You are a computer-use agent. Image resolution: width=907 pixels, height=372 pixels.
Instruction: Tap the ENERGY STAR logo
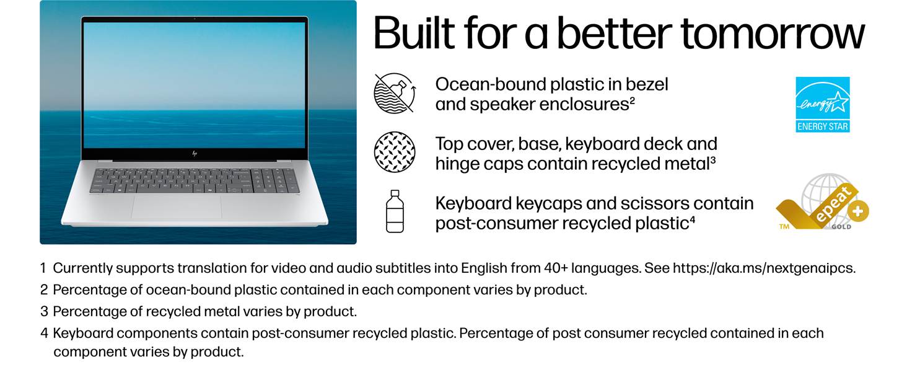[x=822, y=104]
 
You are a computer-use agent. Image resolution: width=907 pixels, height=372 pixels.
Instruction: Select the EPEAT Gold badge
[x=822, y=201]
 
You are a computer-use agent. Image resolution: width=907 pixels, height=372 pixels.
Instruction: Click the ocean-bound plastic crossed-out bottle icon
[x=395, y=93]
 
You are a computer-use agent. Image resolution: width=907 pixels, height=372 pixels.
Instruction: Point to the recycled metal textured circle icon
[x=395, y=152]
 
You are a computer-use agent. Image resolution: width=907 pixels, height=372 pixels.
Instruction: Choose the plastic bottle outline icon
[x=395, y=211]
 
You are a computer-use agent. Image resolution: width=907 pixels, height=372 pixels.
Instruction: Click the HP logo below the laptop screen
[x=195, y=153]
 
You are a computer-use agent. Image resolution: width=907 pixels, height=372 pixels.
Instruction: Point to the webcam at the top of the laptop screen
[x=195, y=19]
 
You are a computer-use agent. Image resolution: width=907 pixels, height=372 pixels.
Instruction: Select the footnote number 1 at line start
[x=43, y=268]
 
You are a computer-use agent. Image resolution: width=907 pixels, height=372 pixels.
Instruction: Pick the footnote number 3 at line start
[x=44, y=311]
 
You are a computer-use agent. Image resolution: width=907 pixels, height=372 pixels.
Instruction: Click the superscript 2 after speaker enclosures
[x=632, y=100]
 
